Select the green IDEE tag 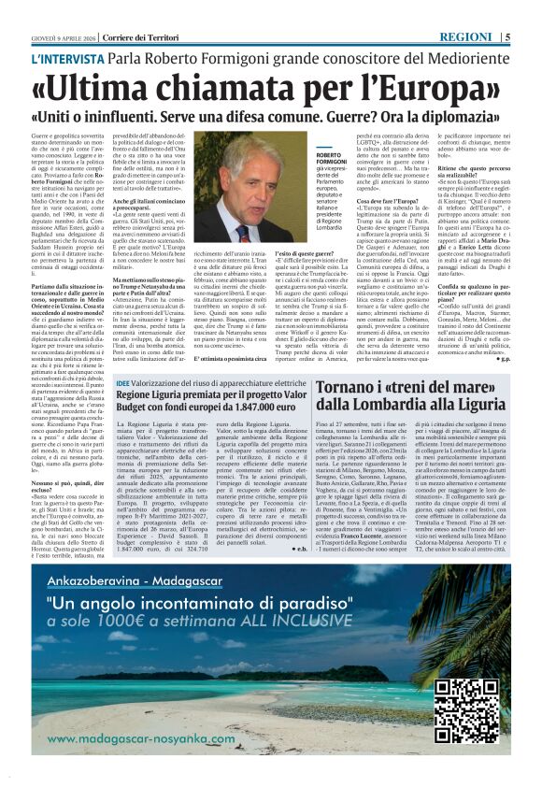123,384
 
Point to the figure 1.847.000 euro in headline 256,408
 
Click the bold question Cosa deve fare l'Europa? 359,202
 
